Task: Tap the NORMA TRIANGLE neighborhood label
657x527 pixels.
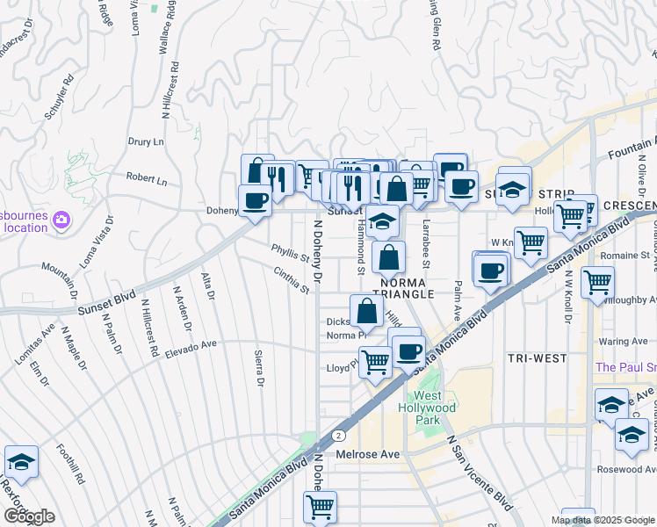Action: (x=403, y=288)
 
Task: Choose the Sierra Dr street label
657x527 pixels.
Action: (x=259, y=368)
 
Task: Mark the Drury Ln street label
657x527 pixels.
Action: (x=146, y=141)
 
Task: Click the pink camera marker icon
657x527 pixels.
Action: (x=61, y=219)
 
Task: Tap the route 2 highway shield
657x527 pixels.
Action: (x=337, y=435)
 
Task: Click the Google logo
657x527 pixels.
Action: (x=28, y=516)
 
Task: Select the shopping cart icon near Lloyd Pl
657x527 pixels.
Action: (x=376, y=360)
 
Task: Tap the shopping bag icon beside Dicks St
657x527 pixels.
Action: (x=365, y=309)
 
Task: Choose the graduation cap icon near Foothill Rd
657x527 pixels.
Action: (x=21, y=461)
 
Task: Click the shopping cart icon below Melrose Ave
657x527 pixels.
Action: (x=320, y=506)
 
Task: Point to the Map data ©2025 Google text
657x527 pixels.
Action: (x=603, y=520)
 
